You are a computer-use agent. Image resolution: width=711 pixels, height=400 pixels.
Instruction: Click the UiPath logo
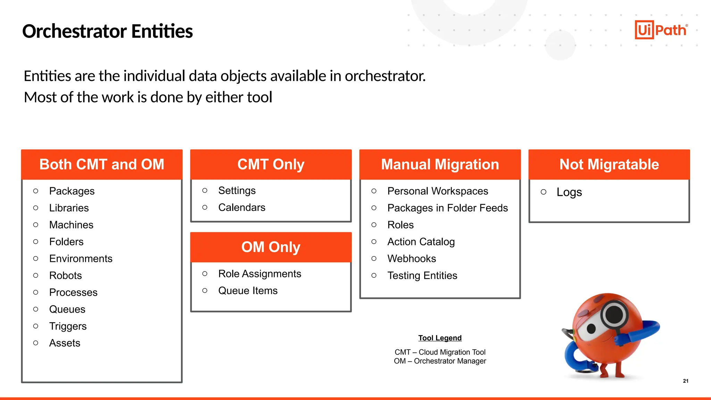(x=661, y=30)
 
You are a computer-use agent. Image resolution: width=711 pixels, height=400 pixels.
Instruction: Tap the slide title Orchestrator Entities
(x=107, y=31)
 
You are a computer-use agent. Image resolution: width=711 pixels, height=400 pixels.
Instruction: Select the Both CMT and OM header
(x=102, y=165)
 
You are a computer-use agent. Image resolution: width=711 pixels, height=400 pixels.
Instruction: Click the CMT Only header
(x=271, y=165)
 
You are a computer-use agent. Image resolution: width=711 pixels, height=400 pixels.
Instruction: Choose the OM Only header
(x=271, y=247)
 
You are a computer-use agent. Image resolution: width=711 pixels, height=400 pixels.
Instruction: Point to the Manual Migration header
(x=440, y=165)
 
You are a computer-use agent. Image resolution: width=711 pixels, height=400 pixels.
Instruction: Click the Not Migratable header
(x=609, y=165)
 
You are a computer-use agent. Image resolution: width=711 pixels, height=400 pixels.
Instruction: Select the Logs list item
(x=569, y=192)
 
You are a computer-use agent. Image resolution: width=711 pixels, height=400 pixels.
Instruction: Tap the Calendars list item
(x=242, y=208)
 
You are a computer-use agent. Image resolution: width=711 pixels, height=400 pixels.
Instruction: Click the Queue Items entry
(x=248, y=291)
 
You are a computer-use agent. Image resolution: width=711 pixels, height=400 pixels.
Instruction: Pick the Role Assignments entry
(x=259, y=274)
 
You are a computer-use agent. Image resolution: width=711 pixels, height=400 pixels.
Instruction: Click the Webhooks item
(x=411, y=259)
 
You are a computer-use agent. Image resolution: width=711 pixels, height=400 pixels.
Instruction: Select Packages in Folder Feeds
(x=447, y=208)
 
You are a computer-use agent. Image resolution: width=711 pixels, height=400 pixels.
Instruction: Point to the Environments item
(x=81, y=259)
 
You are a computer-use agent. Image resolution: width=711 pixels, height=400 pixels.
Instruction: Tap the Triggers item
(x=68, y=326)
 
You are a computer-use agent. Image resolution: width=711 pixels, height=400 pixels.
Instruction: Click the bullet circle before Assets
(x=36, y=343)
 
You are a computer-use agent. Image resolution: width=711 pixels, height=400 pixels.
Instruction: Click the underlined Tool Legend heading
(x=440, y=338)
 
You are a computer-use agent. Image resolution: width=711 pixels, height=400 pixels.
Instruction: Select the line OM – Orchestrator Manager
(x=440, y=361)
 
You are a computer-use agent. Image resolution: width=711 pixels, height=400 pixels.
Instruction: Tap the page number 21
(x=685, y=381)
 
